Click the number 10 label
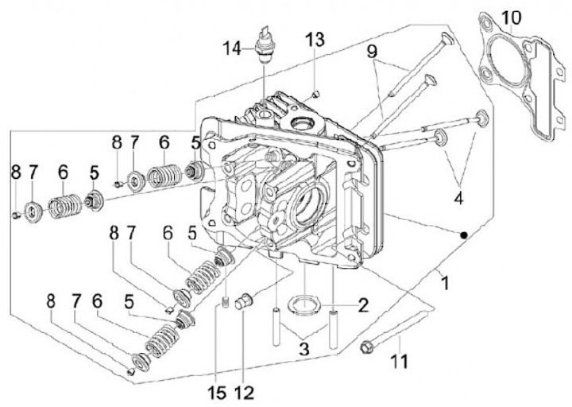coord(512,17)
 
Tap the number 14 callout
coord(232,48)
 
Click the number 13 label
coord(315,40)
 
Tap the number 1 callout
coord(446,281)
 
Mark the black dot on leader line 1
coord(463,233)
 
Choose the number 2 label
coord(362,304)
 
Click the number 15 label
coord(216,392)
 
